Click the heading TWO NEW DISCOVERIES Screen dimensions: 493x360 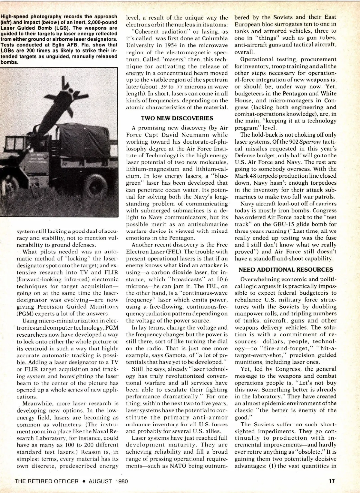tap(177, 118)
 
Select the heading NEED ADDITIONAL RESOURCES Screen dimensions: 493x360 tap(286, 270)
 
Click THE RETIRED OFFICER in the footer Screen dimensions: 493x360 tap(47, 481)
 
